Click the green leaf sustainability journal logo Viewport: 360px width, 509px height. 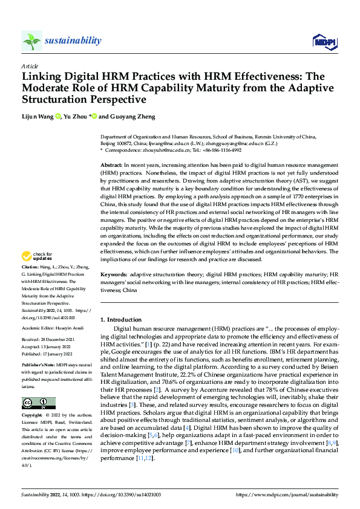pos(31,41)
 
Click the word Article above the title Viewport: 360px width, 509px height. pos(30,66)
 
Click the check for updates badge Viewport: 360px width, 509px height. pos(39,273)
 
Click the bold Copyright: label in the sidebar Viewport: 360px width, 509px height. pos(32,416)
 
